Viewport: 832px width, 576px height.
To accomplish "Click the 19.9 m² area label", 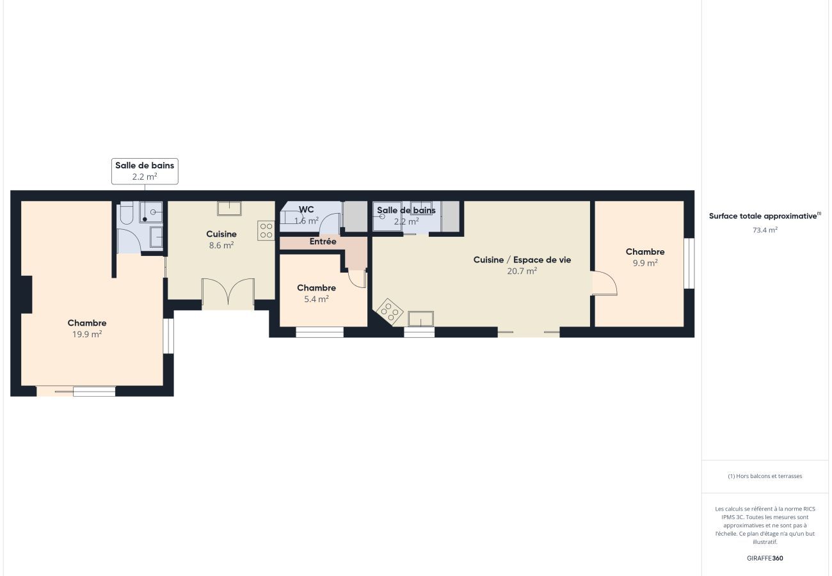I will [87, 333].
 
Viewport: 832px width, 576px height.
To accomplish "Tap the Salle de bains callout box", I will [145, 172].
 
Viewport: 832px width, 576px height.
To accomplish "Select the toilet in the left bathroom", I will [126, 213].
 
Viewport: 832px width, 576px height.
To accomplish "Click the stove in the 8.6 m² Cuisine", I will [266, 230].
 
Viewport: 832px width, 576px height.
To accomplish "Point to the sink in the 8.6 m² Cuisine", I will [229, 208].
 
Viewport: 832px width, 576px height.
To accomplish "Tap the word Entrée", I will [323, 242].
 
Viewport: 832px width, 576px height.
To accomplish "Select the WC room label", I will [306, 209].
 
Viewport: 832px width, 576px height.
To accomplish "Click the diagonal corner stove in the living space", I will [388, 312].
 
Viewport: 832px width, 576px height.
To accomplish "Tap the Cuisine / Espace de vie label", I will [522, 260].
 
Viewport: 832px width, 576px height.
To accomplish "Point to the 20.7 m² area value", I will [522, 271].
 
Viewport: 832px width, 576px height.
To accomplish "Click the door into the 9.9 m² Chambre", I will [604, 283].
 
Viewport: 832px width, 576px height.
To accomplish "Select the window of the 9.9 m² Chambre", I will [689, 263].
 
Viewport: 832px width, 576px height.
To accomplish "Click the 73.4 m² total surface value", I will [765, 230].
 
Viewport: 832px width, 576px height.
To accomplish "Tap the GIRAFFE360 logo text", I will [765, 558].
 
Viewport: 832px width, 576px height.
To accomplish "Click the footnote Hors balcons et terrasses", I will [765, 476].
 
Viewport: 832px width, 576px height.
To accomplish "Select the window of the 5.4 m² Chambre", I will [319, 332].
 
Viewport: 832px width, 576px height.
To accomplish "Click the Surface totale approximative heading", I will [764, 216].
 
